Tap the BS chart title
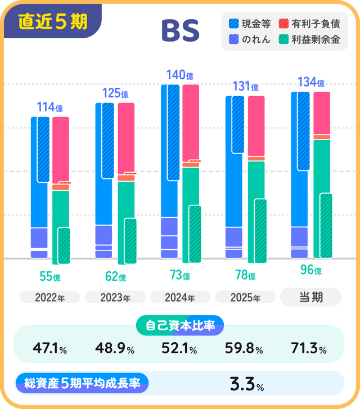coord(180,32)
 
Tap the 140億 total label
coord(180,75)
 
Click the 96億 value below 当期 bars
coord(310,270)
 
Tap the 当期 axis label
coord(310,297)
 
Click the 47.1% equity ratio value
coord(50,349)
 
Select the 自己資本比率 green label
coord(180,325)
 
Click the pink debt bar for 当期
coord(322,113)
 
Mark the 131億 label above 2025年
coord(245,87)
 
